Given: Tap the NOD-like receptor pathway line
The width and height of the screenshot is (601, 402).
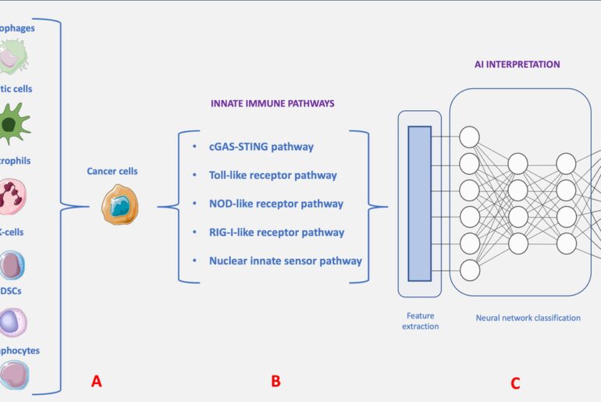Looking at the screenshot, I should (276, 204).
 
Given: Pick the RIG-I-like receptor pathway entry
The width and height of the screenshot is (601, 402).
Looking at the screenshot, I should (276, 232).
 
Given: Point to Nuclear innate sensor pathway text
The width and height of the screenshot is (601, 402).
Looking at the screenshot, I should (285, 261).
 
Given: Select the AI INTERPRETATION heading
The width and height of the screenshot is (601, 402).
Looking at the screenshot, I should (517, 64).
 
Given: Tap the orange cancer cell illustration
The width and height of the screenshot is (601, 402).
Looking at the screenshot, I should (119, 205).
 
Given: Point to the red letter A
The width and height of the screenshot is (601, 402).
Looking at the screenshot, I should (96, 381).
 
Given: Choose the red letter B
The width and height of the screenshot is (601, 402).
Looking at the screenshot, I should (275, 381).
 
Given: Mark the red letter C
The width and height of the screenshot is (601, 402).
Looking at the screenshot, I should (514, 383).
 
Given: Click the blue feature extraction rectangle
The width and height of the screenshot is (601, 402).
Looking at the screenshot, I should (419, 203).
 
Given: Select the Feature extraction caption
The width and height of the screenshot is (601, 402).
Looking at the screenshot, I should (420, 320).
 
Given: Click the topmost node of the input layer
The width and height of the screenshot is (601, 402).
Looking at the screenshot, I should (469, 137).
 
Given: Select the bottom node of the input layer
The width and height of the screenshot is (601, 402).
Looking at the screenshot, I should (469, 270).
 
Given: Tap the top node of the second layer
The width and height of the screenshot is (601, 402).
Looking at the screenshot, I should (518, 164).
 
